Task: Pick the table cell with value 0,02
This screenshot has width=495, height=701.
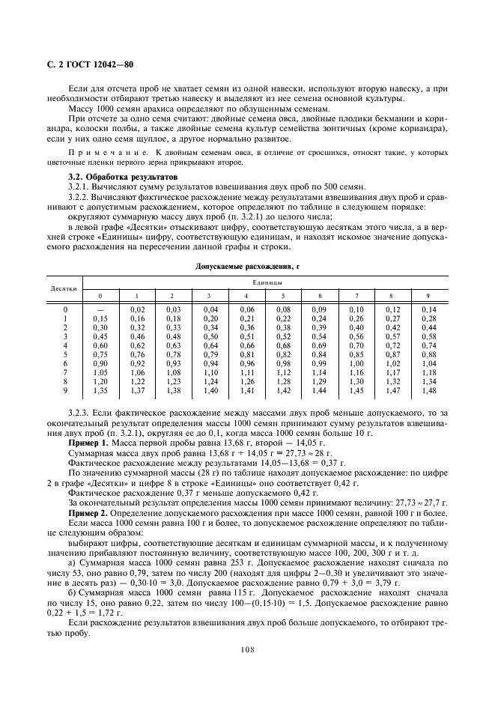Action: (x=137, y=309)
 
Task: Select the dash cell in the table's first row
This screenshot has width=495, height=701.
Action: (x=101, y=309)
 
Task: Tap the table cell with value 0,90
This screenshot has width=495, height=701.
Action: (x=101, y=363)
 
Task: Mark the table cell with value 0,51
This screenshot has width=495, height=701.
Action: (x=246, y=336)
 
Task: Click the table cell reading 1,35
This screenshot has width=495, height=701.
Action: (x=101, y=390)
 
